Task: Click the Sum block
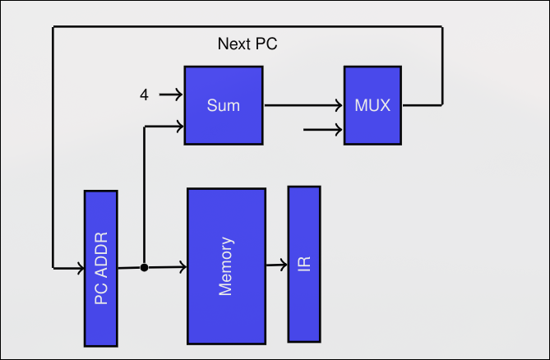pos(224,105)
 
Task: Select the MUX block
pos(373,105)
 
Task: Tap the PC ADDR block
pos(101,268)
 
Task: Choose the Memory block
pos(226,265)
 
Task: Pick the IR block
pos(303,263)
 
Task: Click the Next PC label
pos(247,44)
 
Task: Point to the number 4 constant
pos(144,95)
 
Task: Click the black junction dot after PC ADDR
pos(144,268)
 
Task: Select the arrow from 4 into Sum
pos(170,95)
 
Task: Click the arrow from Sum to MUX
pos(303,105)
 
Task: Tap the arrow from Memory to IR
pos(276,265)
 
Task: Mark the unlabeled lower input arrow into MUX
pos(323,129)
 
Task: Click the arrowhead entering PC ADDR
pos(80,268)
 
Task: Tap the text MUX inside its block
pos(373,105)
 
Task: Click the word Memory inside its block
pos(227,265)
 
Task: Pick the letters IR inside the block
pos(304,263)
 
